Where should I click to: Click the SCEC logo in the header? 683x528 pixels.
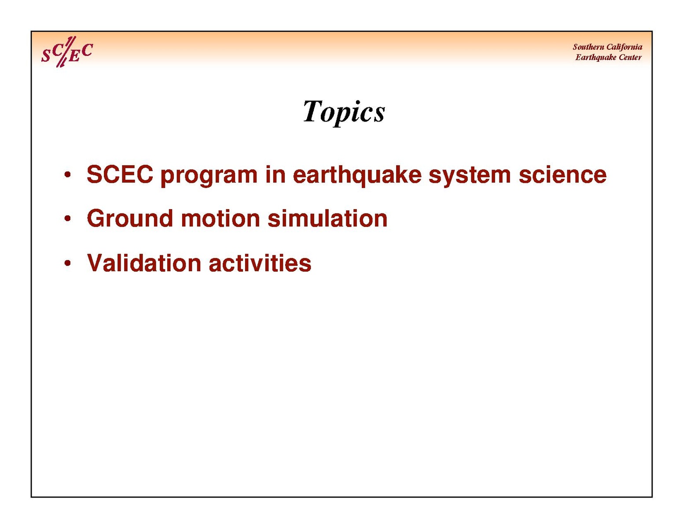click(x=67, y=52)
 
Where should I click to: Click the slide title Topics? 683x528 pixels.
click(x=344, y=113)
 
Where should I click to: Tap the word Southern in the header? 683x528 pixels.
click(x=588, y=47)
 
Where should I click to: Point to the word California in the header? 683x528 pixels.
click(x=624, y=47)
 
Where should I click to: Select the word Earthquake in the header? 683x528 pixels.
click(x=595, y=58)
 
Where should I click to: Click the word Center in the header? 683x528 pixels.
click(x=630, y=57)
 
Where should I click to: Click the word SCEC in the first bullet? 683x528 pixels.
click(x=120, y=174)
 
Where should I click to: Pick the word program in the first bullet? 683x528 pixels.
click(x=209, y=177)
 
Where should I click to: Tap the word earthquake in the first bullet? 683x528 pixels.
click(x=357, y=176)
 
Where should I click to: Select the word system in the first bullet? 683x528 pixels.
click(x=470, y=177)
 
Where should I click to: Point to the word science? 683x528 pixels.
click(x=562, y=174)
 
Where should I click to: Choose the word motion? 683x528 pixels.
click(x=220, y=218)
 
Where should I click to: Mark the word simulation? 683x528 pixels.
click(x=327, y=218)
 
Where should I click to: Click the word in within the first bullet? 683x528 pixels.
click(x=275, y=174)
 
